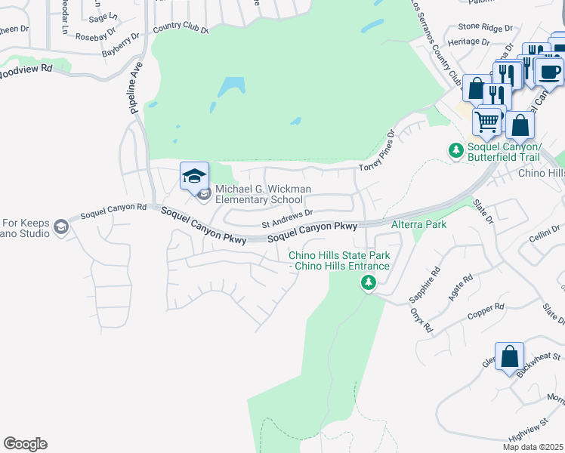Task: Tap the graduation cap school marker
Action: tap(194, 176)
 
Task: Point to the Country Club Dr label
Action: tap(181, 28)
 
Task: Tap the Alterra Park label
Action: tap(419, 224)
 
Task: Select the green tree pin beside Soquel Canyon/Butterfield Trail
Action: tap(456, 151)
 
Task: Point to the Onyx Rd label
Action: tap(421, 320)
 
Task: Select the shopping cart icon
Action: tap(487, 120)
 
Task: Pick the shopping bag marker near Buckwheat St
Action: tap(510, 356)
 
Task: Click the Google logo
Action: tap(25, 444)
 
